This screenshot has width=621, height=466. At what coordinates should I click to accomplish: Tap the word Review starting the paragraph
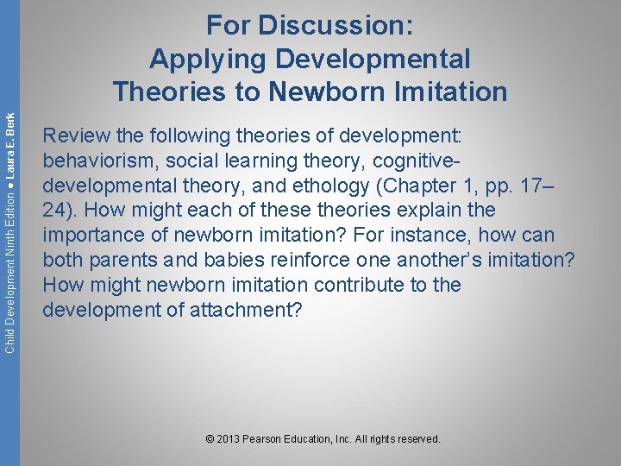72,135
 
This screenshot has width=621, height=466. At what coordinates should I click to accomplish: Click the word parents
121,260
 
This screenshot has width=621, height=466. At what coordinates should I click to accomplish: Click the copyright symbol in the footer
211,439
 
